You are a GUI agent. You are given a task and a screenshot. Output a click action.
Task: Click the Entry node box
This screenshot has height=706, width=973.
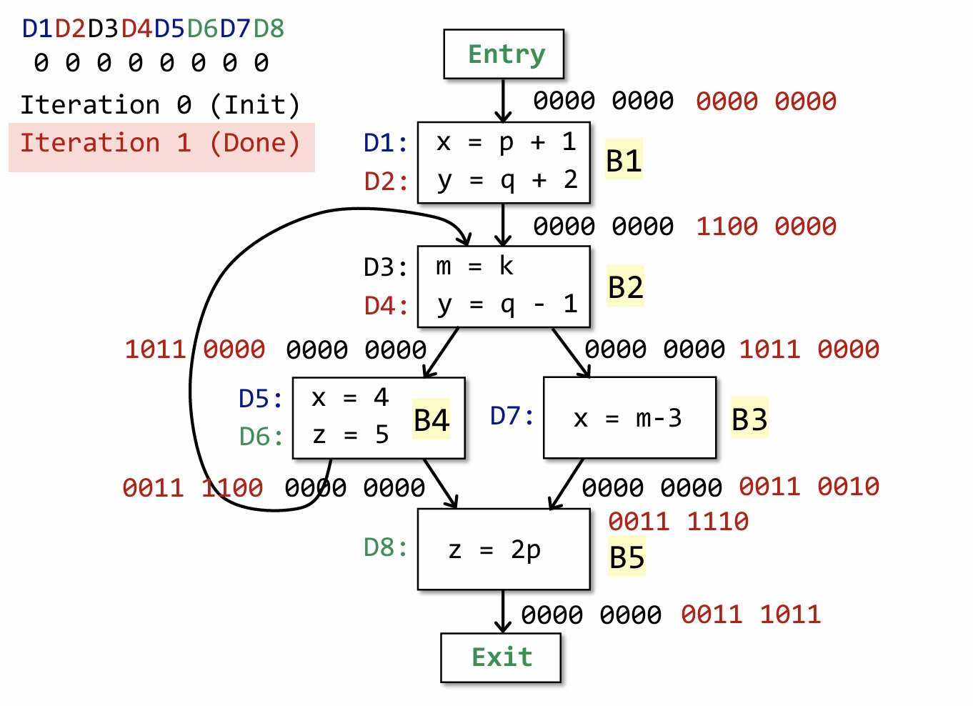tap(504, 54)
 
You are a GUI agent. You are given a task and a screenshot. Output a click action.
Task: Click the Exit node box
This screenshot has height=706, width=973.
tap(501, 657)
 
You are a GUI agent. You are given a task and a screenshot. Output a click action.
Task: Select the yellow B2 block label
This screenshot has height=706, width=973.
tap(626, 287)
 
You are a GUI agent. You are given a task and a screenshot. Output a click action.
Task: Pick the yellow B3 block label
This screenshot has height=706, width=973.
tap(749, 419)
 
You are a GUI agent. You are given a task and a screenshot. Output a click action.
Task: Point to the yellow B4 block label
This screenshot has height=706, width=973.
tap(431, 419)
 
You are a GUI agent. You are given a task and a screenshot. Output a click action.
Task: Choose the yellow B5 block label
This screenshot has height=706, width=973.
tap(627, 557)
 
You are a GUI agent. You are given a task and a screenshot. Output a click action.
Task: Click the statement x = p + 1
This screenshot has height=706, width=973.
tap(506, 142)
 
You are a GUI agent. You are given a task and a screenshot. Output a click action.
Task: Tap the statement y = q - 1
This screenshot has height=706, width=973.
tap(506, 305)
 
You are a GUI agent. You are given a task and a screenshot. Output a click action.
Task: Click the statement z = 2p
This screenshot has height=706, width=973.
tap(494, 550)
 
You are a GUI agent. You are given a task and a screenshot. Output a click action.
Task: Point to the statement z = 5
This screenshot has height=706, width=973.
tap(350, 434)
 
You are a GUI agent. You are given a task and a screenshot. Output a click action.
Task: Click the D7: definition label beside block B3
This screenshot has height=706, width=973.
tap(512, 415)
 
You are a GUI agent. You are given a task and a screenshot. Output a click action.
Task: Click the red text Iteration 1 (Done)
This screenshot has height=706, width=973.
tap(160, 143)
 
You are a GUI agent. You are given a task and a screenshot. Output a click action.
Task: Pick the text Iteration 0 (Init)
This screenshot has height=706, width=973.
tap(160, 105)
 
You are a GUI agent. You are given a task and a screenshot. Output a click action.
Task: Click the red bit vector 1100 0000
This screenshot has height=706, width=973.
tap(766, 227)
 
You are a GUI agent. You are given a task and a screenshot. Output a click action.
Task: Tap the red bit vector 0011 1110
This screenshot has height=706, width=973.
tap(678, 522)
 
